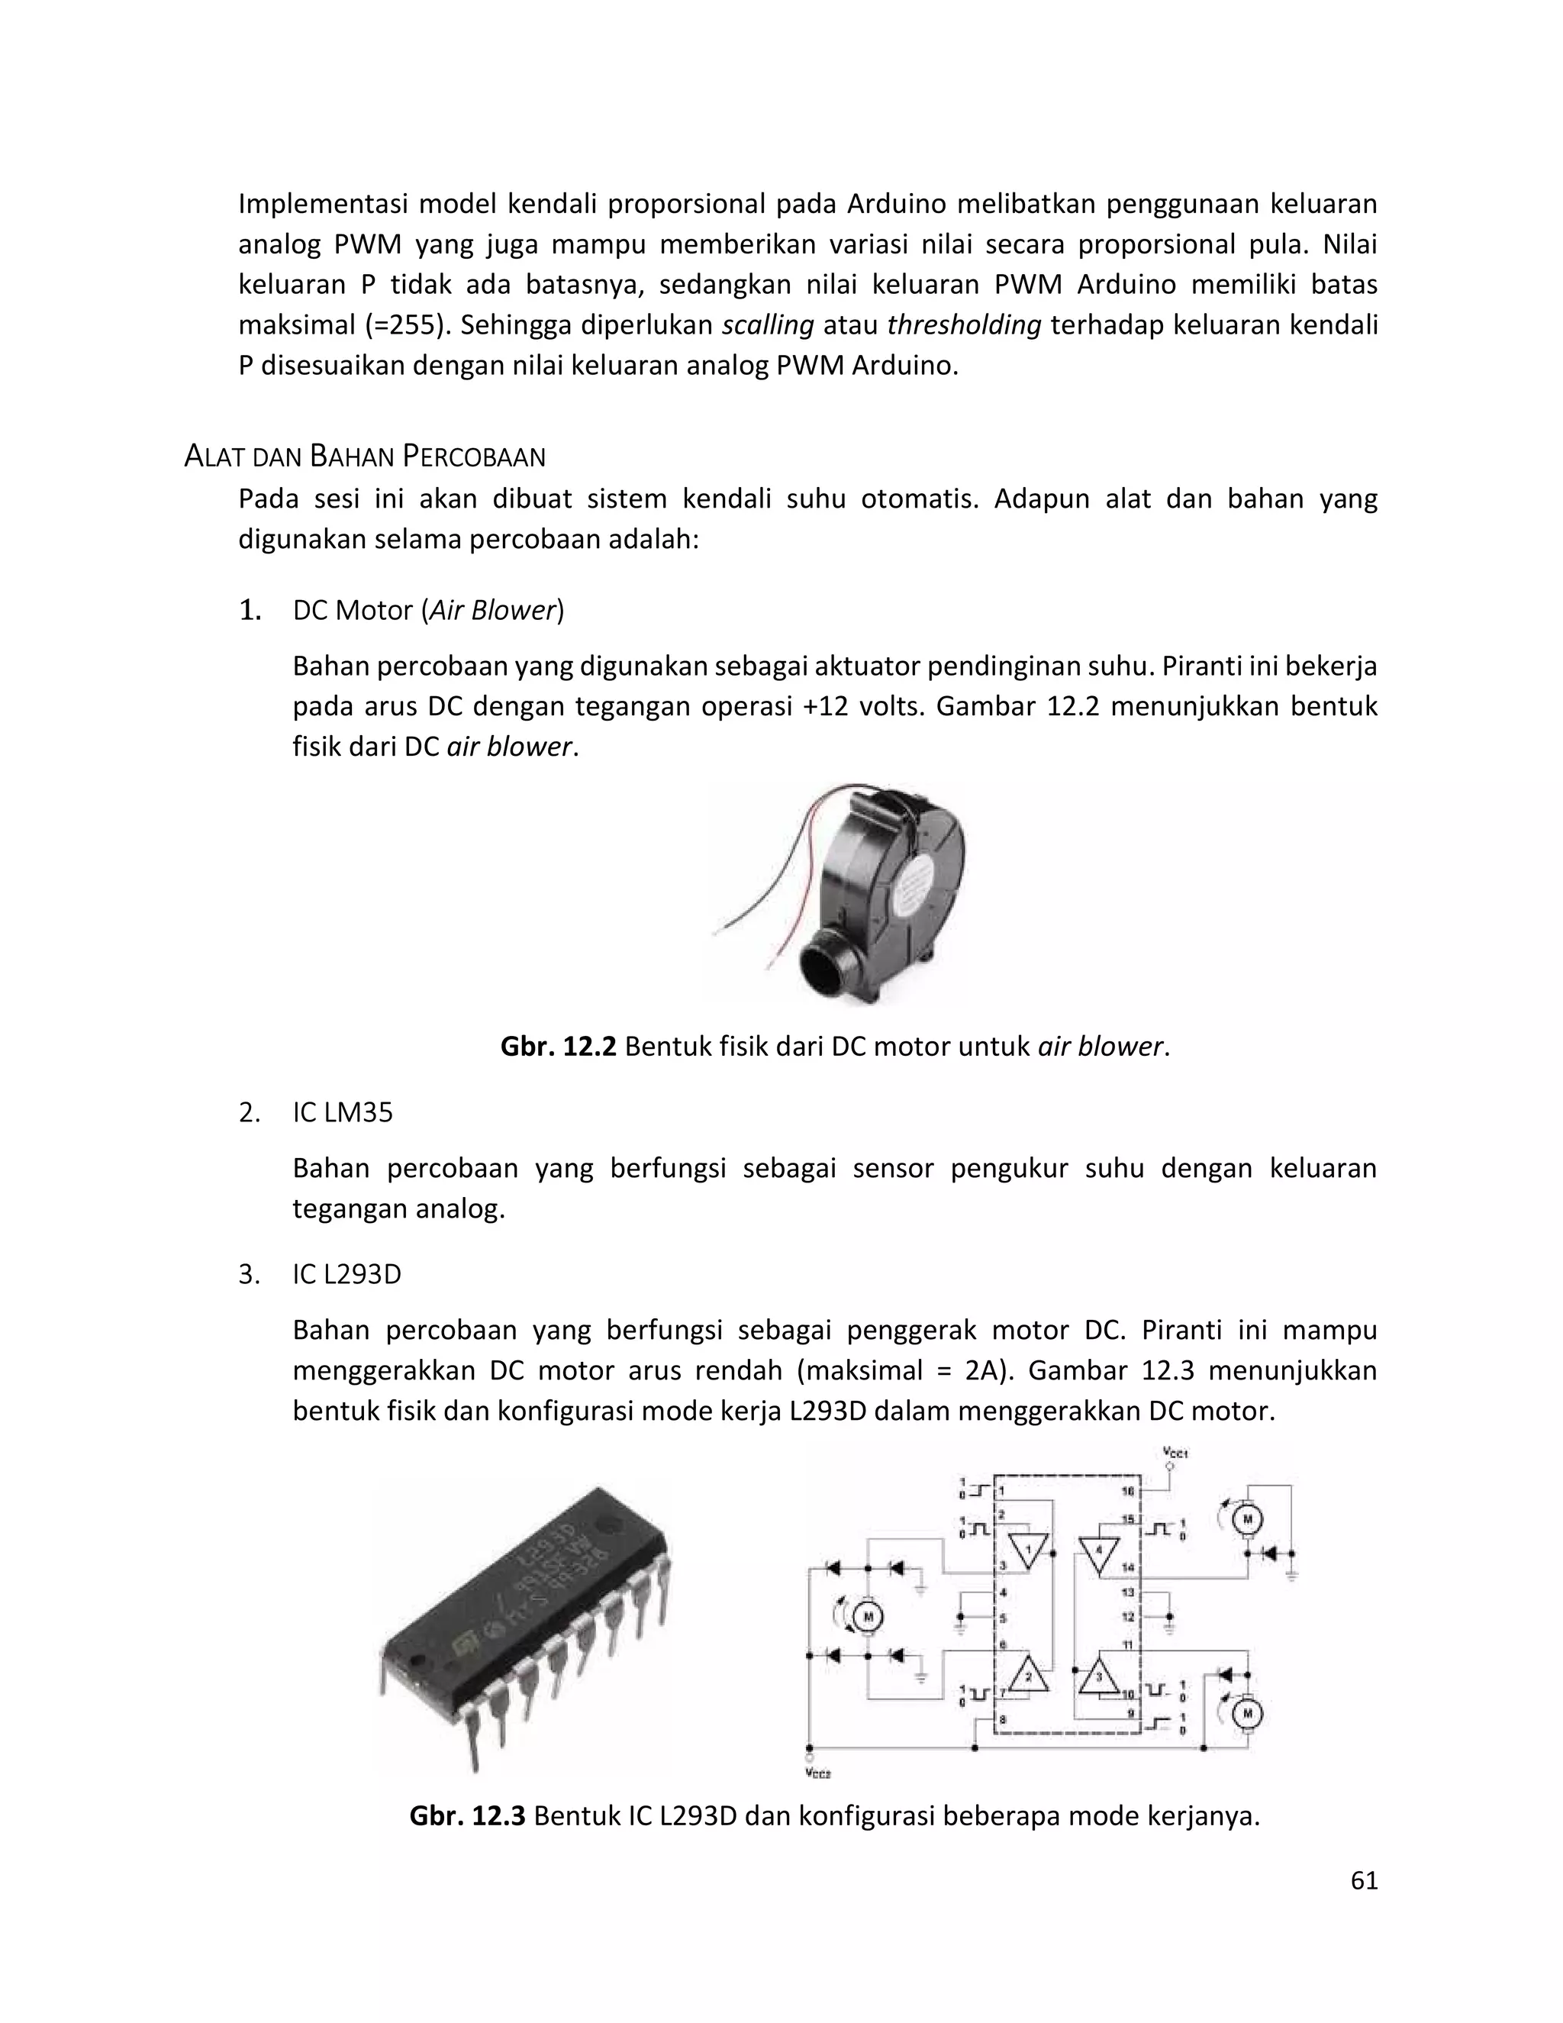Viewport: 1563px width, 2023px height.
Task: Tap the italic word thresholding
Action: [964, 325]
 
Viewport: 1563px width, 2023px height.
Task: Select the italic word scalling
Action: [768, 325]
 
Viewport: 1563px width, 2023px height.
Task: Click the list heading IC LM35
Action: [343, 1112]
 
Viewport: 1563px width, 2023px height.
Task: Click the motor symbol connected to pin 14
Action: [1246, 1518]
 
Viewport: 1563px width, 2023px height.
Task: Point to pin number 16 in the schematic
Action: [1127, 1492]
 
